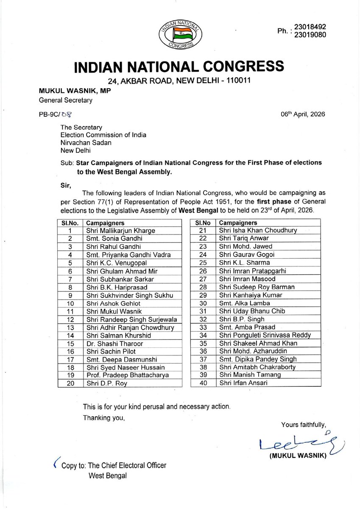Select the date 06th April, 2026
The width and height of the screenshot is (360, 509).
pos(302,114)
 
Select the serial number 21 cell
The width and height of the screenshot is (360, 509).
pos(202,230)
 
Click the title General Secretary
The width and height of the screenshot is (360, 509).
pos(65,101)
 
